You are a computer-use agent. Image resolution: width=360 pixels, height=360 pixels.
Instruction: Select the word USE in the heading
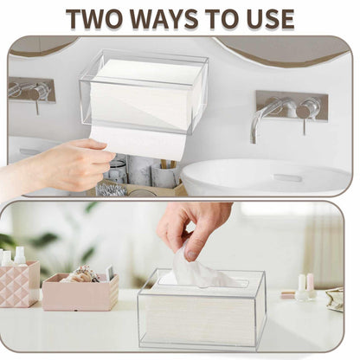(266, 19)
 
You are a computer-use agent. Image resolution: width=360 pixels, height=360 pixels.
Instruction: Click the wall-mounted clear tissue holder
(144, 93)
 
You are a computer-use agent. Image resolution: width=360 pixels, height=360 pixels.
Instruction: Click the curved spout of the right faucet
(261, 119)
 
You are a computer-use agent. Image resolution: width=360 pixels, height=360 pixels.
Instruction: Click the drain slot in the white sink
(287, 177)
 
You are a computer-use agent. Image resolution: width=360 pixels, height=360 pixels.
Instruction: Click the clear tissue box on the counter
(201, 309)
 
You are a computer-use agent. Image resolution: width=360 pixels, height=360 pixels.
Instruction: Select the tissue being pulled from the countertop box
(202, 271)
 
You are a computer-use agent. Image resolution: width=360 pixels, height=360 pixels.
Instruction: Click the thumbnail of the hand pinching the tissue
(190, 254)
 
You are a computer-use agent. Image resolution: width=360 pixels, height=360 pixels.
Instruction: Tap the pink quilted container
(19, 284)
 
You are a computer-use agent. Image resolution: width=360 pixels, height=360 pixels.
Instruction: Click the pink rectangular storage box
(80, 292)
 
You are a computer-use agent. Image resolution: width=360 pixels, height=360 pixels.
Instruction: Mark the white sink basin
(267, 177)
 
